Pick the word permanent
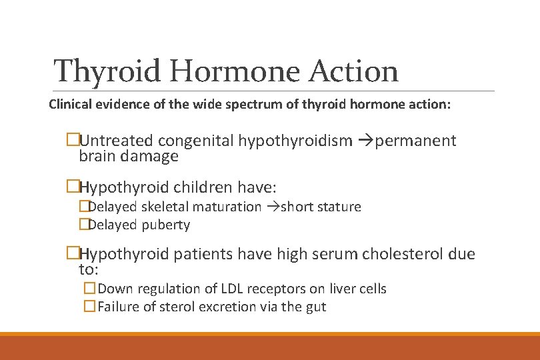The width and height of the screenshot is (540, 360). tap(416, 141)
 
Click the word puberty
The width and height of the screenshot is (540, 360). tap(166, 225)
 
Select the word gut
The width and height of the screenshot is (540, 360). tap(315, 307)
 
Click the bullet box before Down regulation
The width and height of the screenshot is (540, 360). tap(89, 289)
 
